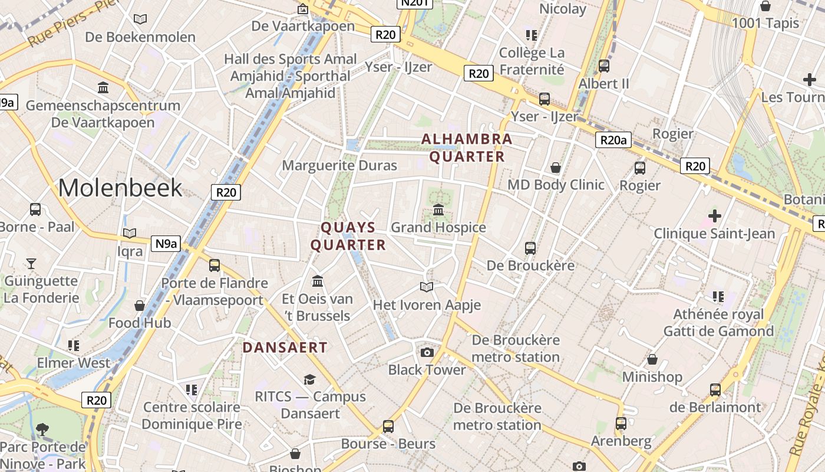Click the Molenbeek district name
(x=120, y=188)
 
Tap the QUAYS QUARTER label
(x=348, y=236)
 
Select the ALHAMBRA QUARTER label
(x=467, y=147)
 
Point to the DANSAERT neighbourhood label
(x=285, y=348)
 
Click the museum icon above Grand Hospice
(x=438, y=210)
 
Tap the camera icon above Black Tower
(x=427, y=352)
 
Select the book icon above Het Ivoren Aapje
(x=427, y=287)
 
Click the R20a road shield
(x=613, y=140)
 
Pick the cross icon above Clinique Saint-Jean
(x=714, y=216)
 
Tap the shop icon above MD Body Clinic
(x=555, y=168)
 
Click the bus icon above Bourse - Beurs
(x=388, y=426)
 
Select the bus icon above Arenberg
(x=621, y=424)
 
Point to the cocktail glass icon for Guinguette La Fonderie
(x=31, y=263)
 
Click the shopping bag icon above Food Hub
(x=140, y=306)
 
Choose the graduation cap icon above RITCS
(x=310, y=379)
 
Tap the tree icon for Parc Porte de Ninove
(x=42, y=429)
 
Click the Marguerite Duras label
(x=339, y=165)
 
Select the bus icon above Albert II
(x=604, y=66)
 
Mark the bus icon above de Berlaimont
(x=715, y=390)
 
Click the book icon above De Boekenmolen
(x=140, y=19)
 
